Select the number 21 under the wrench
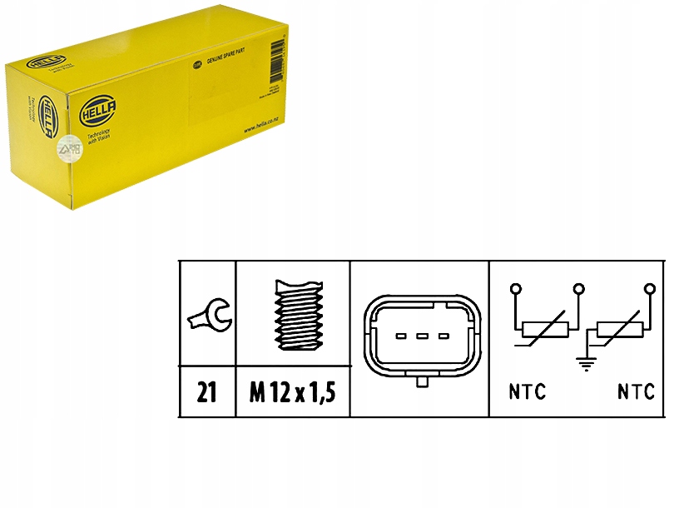(208, 391)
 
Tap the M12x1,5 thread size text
(292, 391)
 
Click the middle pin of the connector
(421, 336)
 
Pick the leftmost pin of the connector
(400, 336)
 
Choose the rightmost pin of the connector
(442, 336)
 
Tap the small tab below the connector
(421, 381)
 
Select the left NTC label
(528, 391)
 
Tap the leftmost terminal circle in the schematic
(516, 289)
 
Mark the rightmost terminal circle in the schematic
(649, 289)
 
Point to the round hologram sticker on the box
(64, 150)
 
